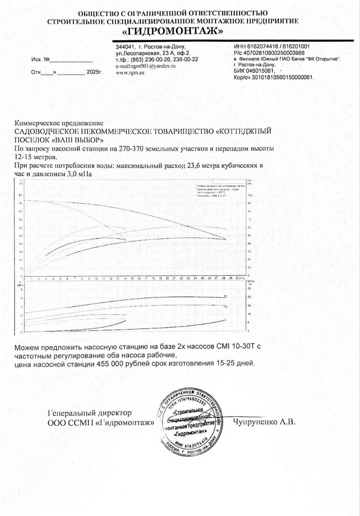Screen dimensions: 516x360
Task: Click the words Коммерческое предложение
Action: point(59,123)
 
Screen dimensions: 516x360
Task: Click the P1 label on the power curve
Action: point(226,296)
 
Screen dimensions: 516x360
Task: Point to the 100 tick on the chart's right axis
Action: point(250,195)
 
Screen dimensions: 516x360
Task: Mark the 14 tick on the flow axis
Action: point(118,279)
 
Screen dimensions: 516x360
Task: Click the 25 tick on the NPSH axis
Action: point(249,289)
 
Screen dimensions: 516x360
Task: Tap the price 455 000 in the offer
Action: point(110,363)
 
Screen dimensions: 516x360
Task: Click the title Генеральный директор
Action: point(89,413)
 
